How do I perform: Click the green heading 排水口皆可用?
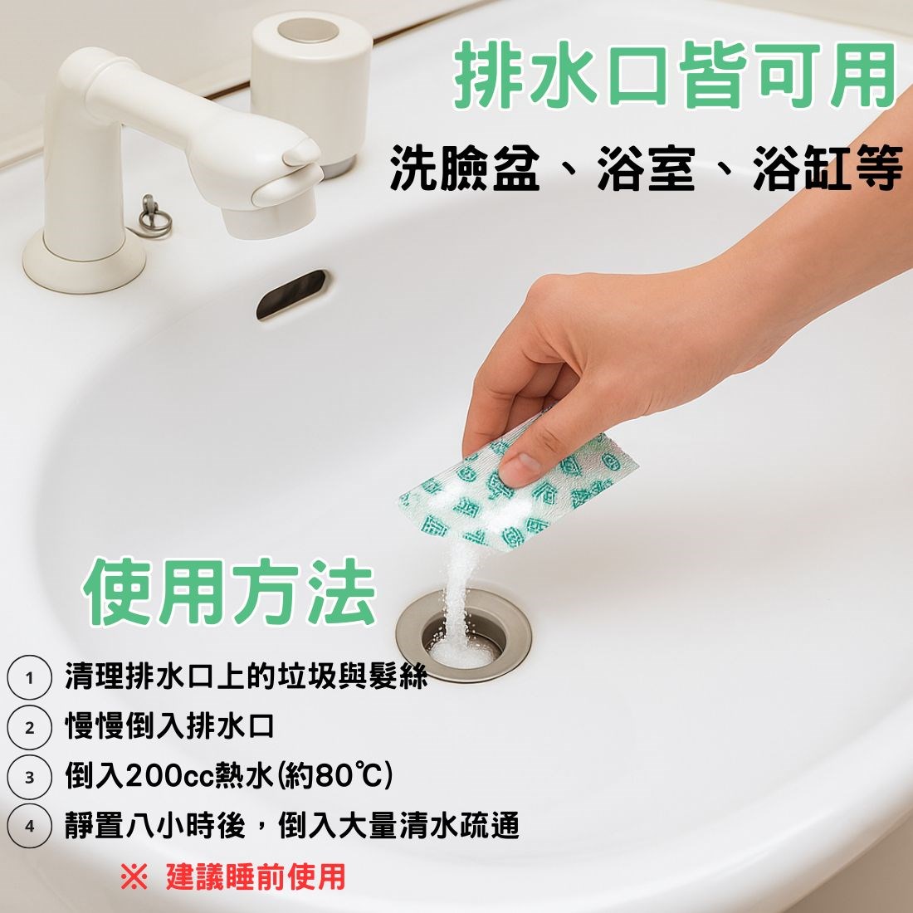[x=674, y=75]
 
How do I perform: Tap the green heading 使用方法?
[x=229, y=591]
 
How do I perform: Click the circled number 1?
[x=30, y=677]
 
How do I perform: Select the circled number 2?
[x=30, y=727]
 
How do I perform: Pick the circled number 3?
[x=30, y=777]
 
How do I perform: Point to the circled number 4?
[x=30, y=826]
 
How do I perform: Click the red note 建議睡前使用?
[x=256, y=877]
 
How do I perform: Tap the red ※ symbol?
[x=134, y=877]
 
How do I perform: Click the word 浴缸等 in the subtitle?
[x=828, y=168]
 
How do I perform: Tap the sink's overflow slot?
[x=291, y=294]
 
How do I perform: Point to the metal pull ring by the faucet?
[x=155, y=217]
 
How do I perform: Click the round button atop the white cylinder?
[x=307, y=30]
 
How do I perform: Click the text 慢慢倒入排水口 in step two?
[x=169, y=727]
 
